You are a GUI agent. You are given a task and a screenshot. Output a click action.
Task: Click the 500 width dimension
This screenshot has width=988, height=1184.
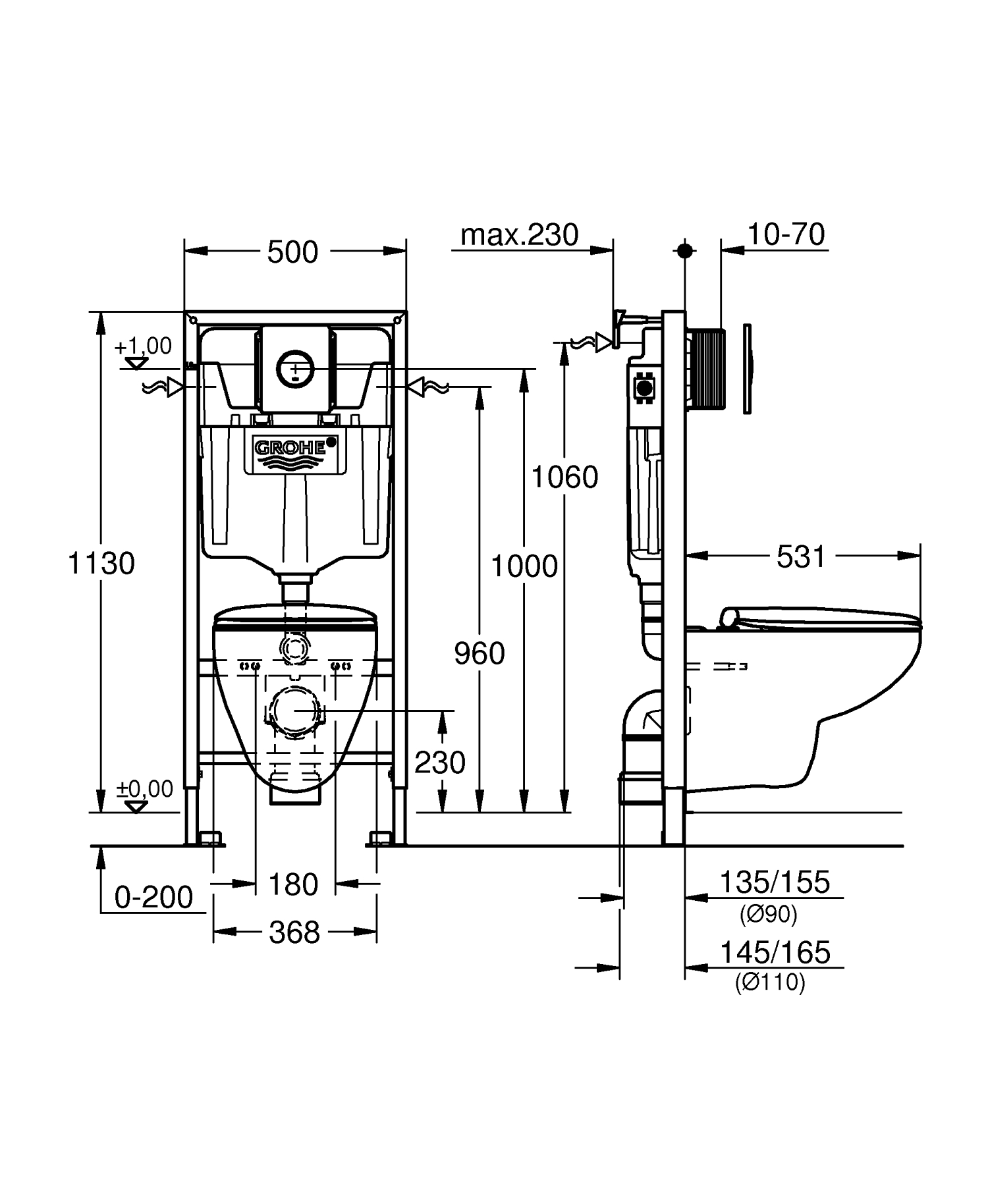(292, 252)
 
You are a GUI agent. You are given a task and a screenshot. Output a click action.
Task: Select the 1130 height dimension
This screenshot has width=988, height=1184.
(101, 564)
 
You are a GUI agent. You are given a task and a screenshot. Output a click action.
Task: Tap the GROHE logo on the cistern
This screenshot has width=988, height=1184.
(290, 448)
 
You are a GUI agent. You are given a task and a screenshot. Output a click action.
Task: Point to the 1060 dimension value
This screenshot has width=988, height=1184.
(564, 477)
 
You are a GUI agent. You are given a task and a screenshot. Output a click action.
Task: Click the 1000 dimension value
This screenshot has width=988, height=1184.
(524, 566)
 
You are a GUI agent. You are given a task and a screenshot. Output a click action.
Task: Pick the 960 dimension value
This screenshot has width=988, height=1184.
(480, 654)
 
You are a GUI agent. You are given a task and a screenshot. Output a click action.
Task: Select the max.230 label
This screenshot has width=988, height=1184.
(519, 235)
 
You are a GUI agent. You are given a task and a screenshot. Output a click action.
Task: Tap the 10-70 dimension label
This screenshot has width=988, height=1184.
(786, 234)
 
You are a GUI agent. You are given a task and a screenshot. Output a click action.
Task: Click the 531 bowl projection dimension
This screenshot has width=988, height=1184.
(801, 557)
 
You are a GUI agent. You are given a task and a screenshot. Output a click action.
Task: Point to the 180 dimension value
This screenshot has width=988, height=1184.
(294, 884)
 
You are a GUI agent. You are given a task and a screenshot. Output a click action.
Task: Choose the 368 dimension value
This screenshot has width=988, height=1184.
(294, 932)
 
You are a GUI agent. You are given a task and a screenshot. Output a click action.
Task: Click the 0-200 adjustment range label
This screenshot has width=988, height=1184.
(154, 898)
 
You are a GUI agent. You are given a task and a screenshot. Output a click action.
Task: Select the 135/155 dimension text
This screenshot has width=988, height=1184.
(775, 882)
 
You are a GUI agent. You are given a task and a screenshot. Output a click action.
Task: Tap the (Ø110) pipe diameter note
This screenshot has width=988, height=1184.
(770, 982)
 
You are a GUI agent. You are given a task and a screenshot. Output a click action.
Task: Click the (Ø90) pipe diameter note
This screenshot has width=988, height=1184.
(768, 914)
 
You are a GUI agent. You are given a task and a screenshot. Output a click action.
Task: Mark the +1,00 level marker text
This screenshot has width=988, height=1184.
(143, 346)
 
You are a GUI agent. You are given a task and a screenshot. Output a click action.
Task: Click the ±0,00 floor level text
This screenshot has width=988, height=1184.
(145, 788)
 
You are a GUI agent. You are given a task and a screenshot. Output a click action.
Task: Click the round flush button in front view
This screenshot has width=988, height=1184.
(294, 367)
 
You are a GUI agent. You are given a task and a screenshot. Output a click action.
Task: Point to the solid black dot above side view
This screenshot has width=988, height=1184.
(685, 250)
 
